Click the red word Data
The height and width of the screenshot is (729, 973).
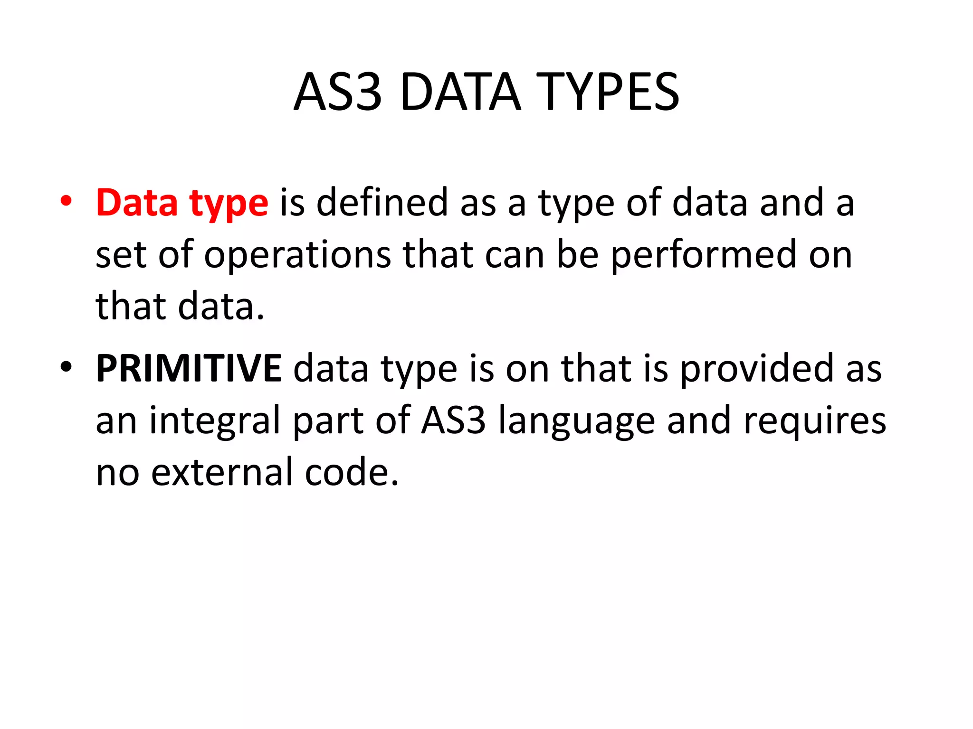click(137, 203)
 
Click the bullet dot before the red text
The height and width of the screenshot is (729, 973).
click(66, 201)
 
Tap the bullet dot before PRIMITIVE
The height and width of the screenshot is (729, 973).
click(66, 366)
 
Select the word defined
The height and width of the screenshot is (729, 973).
click(382, 203)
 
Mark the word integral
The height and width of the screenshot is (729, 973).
click(215, 421)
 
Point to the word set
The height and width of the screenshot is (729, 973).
click(121, 255)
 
